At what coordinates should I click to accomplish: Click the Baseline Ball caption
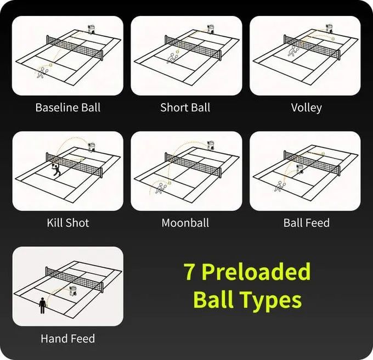click(x=68, y=108)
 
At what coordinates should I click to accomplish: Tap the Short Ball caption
click(x=185, y=108)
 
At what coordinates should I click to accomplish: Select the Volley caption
click(x=307, y=108)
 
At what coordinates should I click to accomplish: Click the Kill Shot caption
click(x=68, y=223)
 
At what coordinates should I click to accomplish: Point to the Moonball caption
click(x=185, y=223)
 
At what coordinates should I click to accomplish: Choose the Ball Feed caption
click(x=307, y=223)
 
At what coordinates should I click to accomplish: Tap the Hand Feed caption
click(x=68, y=339)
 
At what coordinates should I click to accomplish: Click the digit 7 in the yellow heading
click(x=190, y=272)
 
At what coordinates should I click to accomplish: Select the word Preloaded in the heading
click(x=256, y=272)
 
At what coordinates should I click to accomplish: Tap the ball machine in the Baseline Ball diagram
click(x=91, y=29)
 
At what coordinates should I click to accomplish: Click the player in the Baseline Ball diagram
click(x=42, y=72)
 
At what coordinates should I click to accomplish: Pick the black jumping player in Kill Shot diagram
click(x=56, y=168)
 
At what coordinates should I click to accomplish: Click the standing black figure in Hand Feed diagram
click(x=43, y=306)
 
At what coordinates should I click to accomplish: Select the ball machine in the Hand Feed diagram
click(x=73, y=291)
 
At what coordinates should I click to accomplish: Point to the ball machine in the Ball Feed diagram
click(x=299, y=169)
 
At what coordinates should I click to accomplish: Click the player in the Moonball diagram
click(x=161, y=188)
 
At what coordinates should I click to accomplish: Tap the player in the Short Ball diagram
click(x=172, y=58)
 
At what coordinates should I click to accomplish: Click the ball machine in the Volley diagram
click(x=329, y=29)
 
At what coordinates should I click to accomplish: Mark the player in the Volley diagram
click(x=293, y=51)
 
